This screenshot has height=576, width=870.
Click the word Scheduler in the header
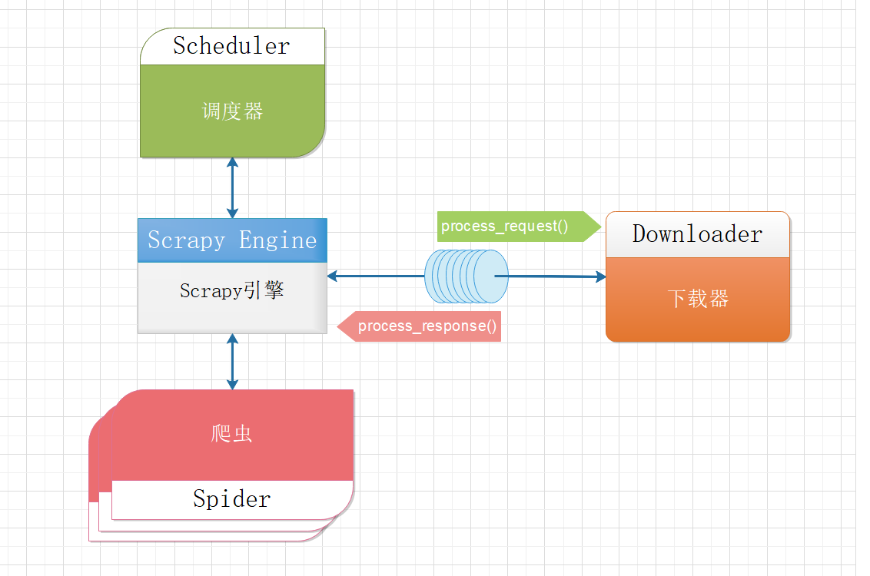point(231,46)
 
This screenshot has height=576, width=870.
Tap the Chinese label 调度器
point(232,111)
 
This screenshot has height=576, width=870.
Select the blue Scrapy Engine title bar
point(232,240)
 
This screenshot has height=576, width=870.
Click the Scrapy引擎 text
point(232,291)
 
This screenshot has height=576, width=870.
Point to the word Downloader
point(697,234)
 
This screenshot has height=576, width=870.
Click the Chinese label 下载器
point(697,299)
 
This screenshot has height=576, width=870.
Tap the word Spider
point(231,499)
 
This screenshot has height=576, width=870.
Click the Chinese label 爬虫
point(231,434)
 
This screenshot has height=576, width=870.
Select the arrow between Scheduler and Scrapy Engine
point(232,188)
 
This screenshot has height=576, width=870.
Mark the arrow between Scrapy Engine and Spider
point(232,362)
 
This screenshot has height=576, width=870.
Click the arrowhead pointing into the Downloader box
point(600,276)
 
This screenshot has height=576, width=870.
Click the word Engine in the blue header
point(277,240)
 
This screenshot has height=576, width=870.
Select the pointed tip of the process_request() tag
point(599,227)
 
